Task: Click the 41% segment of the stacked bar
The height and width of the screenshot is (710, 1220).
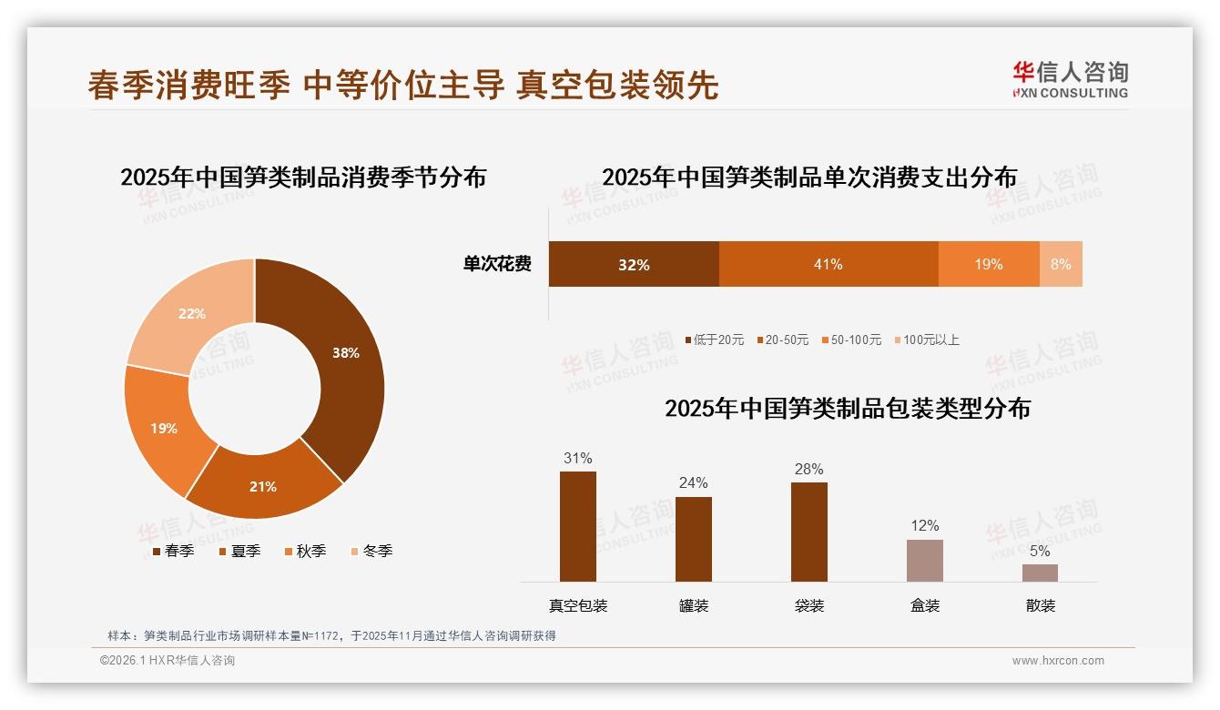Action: [828, 264]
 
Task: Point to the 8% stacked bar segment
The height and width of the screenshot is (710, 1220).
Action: [1061, 264]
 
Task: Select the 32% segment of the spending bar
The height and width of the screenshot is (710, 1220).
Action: [634, 264]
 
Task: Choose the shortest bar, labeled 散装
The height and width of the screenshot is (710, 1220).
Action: [1040, 573]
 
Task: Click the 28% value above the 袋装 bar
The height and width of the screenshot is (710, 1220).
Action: [808, 470]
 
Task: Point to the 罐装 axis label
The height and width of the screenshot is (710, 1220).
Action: [693, 605]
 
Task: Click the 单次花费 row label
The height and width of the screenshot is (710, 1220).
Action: [497, 264]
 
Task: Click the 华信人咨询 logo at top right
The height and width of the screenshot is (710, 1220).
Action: [1070, 79]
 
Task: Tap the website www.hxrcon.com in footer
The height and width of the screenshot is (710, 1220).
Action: [1058, 661]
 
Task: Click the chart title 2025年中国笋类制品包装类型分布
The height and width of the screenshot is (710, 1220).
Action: [847, 409]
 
